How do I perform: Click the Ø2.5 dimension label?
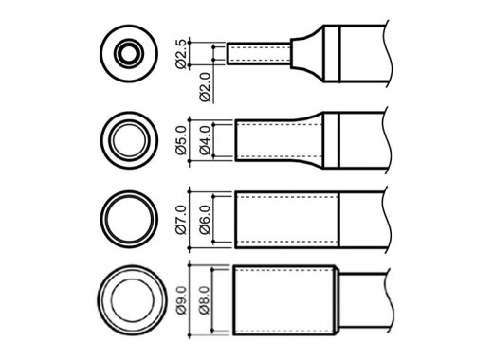click(181, 54)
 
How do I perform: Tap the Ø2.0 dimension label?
click(205, 87)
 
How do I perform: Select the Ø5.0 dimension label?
click(181, 140)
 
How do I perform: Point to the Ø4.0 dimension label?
click(205, 140)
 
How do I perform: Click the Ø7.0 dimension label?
click(181, 220)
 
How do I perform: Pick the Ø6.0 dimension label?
click(205, 220)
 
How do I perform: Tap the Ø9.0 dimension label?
click(181, 300)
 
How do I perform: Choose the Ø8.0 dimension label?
click(205, 300)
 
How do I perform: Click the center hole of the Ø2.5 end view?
click(129, 53)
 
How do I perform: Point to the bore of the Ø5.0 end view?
click(130, 140)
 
